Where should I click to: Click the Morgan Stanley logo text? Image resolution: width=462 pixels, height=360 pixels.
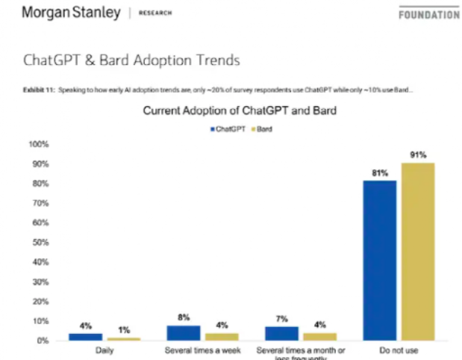tap(71, 13)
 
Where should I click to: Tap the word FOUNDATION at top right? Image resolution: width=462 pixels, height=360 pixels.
tap(428, 13)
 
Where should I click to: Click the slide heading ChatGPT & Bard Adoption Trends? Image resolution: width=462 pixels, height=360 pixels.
tap(132, 59)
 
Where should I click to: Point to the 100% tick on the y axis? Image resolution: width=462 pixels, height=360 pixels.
tap(38, 143)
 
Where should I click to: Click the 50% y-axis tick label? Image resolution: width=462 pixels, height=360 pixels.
tap(40, 242)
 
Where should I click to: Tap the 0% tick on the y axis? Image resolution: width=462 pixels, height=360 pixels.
tap(42, 341)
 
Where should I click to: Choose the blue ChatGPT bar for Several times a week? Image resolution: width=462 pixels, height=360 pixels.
tap(183, 332)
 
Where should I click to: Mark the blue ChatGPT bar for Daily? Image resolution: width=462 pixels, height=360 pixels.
tap(85, 336)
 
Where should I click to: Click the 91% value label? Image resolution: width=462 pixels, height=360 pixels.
tap(417, 155)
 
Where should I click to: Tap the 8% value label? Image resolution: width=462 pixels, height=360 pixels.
tap(184, 317)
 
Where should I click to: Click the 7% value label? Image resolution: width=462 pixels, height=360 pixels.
tap(281, 320)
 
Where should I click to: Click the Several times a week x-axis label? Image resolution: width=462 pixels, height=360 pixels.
tap(201, 350)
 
